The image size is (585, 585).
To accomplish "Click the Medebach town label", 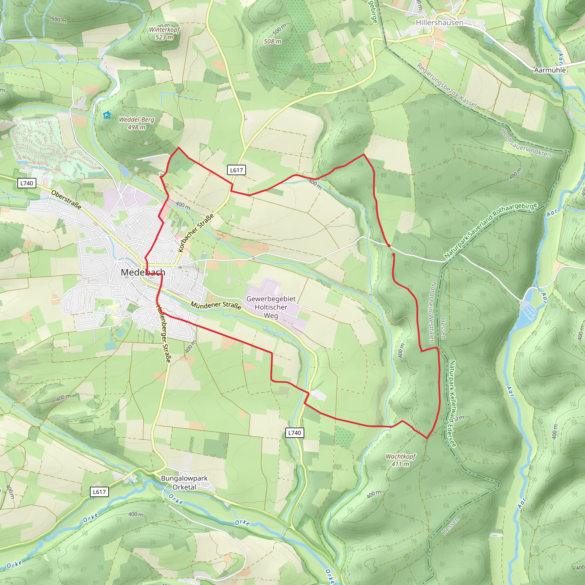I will click(x=143, y=272).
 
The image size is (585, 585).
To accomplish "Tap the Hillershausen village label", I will click(x=439, y=23).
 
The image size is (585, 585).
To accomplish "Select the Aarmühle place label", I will click(x=550, y=70).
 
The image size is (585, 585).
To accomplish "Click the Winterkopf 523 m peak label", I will click(x=164, y=33).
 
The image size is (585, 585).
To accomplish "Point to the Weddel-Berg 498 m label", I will click(x=137, y=123).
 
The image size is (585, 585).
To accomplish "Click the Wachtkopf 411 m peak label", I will click(x=400, y=460).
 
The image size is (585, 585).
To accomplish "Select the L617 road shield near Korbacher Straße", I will click(x=236, y=170).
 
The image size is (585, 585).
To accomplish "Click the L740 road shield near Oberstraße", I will click(x=27, y=183).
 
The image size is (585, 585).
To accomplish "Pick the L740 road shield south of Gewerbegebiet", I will click(x=294, y=433).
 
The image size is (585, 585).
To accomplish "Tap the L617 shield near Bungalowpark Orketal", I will click(x=99, y=492).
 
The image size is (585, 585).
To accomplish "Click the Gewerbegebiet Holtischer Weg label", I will click(x=271, y=307).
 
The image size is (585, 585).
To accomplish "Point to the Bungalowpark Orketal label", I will click(x=184, y=483).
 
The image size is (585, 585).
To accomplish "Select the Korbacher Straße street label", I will click(x=196, y=233).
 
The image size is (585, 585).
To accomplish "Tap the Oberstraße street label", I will click(x=66, y=200).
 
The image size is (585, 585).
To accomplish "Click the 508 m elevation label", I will click(x=272, y=41).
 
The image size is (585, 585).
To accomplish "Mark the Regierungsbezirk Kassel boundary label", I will click(x=446, y=86).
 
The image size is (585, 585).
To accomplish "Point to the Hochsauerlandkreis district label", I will click(x=526, y=143).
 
